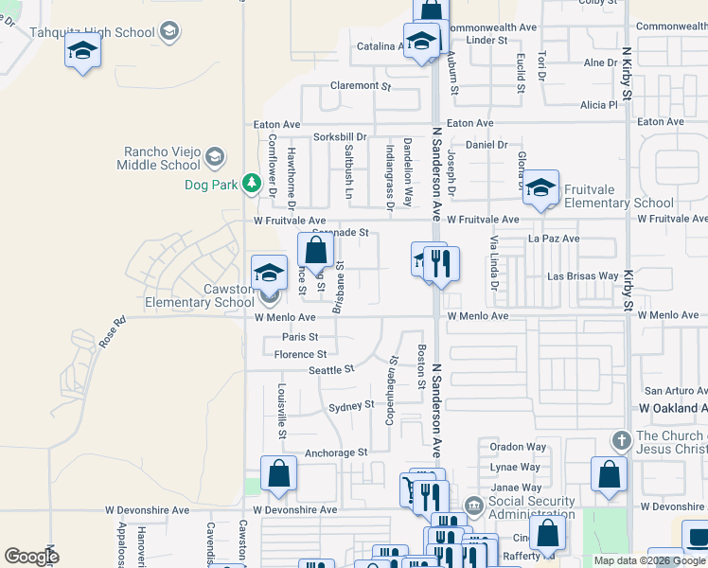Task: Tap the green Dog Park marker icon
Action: pos(251,184)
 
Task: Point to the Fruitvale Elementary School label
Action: pos(619,196)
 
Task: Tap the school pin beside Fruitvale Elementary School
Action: pos(540,187)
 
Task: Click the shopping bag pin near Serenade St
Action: pos(315,251)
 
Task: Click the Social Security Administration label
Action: pos(532,507)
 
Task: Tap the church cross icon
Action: pos(621,440)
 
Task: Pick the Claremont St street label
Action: pos(361,86)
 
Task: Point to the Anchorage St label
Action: pos(336,453)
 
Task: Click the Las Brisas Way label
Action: pos(584,276)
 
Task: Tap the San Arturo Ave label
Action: pos(675,390)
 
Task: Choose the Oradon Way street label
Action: pos(518,447)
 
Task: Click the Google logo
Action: pos(31,557)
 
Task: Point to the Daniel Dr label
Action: pos(487,145)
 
